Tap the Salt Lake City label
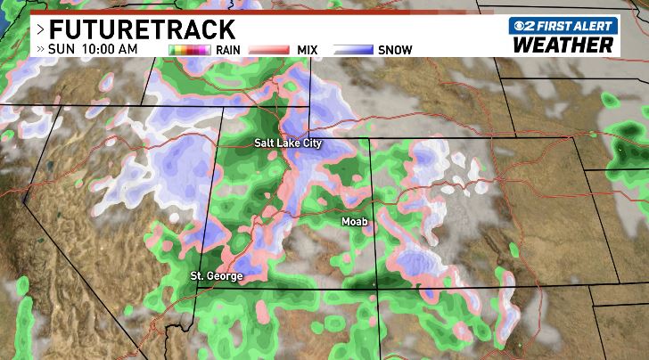coord(287,143)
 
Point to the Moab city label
coord(354,220)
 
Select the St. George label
coord(217,276)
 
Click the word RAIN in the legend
coord(226,50)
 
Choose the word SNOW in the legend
coord(395,50)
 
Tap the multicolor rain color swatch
coord(189,50)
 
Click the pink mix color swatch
coord(269,50)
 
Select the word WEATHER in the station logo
coord(563,45)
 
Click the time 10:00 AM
coord(109,49)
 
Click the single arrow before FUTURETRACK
coord(40,29)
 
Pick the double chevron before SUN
coord(40,49)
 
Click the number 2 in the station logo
coord(532,27)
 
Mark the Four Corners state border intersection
coord(373,284)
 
